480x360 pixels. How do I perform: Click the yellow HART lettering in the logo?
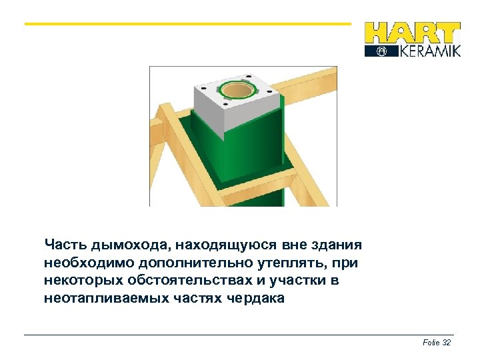[413, 33]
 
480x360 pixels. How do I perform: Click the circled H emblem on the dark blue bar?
[381, 51]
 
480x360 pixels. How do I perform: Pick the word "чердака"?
[255, 299]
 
